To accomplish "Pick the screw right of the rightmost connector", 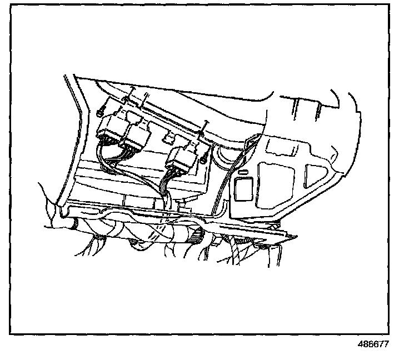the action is click(204, 159).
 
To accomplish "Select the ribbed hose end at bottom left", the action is click(72, 223).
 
